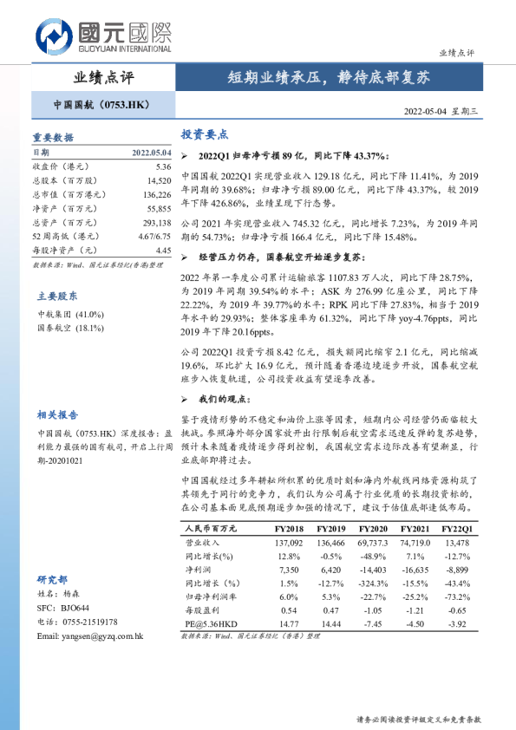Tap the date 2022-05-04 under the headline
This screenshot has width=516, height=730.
pos(430,111)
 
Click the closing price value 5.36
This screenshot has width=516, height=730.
pos(164,166)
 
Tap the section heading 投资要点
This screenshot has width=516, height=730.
pos(204,134)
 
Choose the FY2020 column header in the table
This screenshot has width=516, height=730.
pos(372,528)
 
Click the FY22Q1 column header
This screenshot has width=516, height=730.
pos(457,528)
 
